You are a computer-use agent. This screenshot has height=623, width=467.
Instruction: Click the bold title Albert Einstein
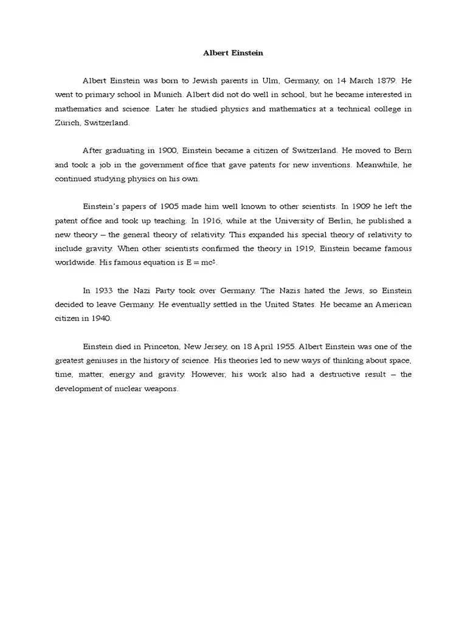[x=233, y=53]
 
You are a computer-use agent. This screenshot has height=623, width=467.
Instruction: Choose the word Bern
[x=403, y=150]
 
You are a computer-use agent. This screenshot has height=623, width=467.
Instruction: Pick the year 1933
[x=105, y=290]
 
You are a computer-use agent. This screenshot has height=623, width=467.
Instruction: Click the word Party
[x=173, y=290]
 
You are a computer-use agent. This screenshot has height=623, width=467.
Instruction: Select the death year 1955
[x=286, y=346]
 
